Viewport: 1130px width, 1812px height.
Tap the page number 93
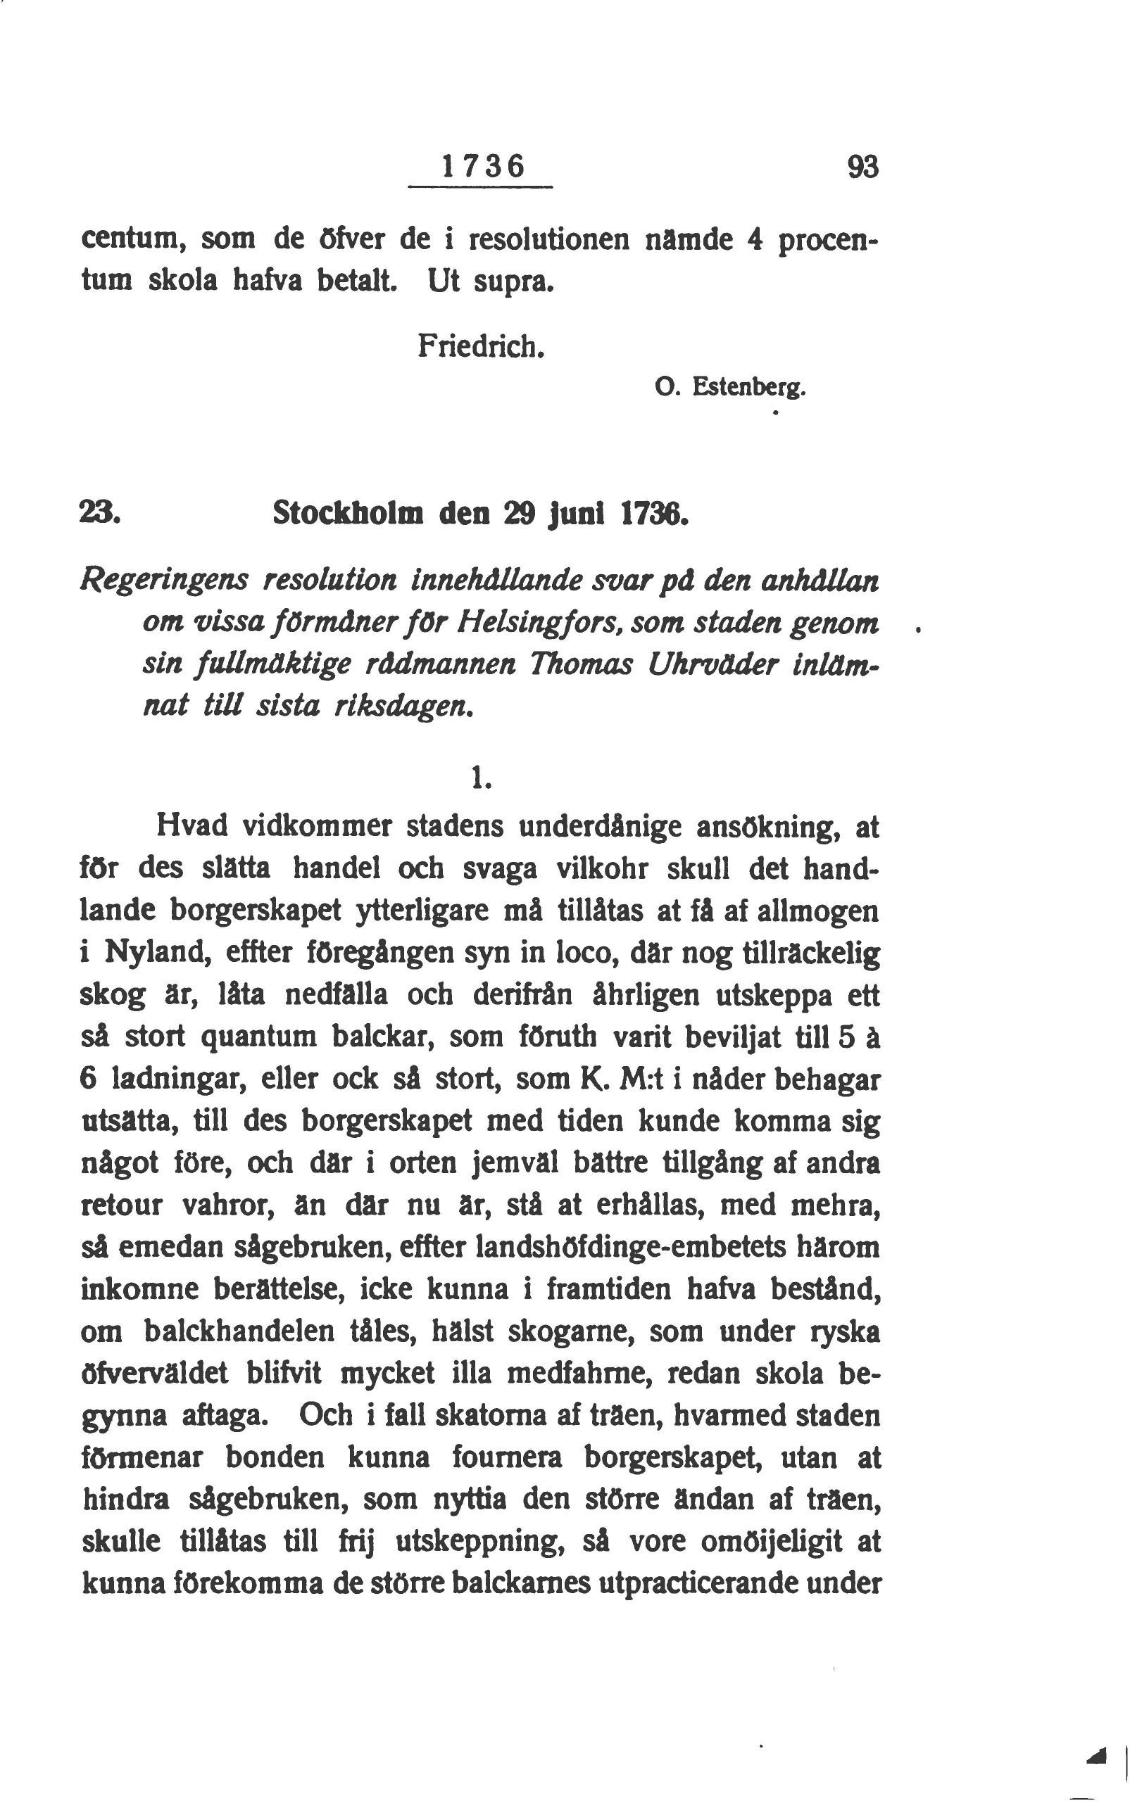pyautogui.click(x=862, y=167)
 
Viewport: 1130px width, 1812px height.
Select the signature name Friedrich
pyautogui.click(x=479, y=345)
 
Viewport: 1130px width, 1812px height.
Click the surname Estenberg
pyautogui.click(x=749, y=388)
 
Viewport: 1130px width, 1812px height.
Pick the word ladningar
pyautogui.click(x=179, y=1079)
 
